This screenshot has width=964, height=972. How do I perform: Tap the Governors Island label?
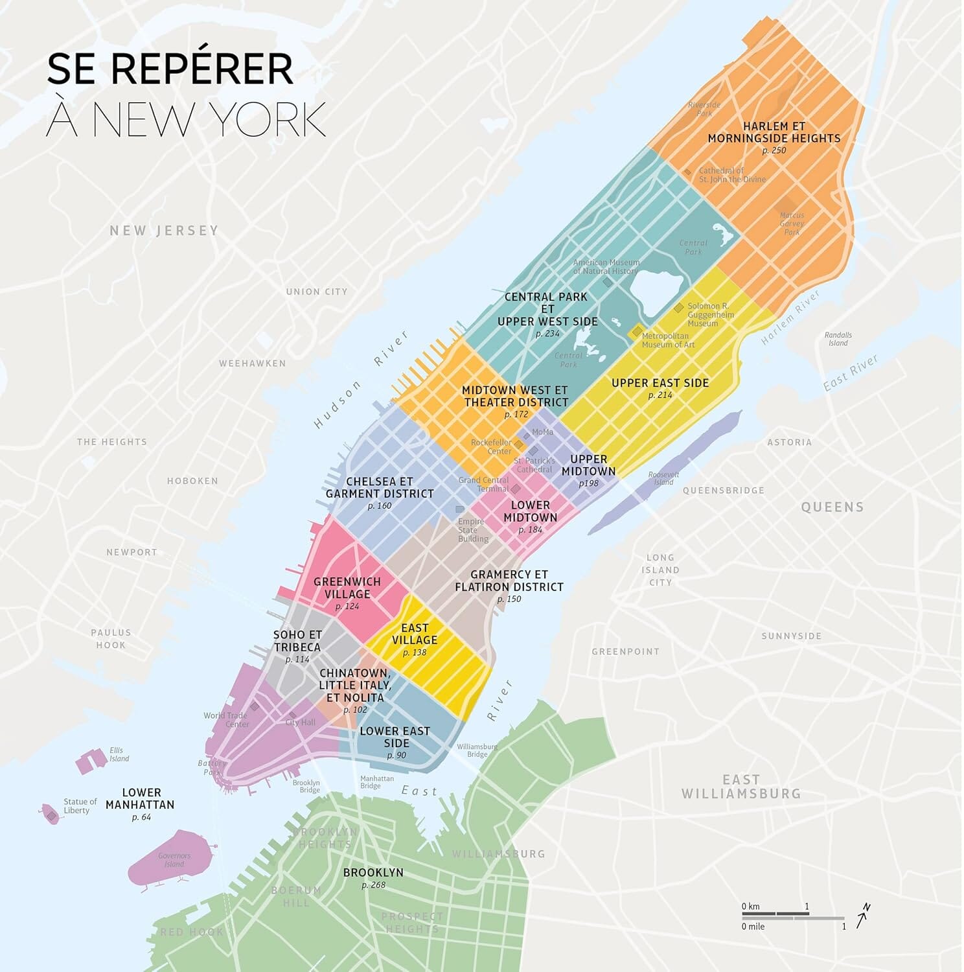pos(174,860)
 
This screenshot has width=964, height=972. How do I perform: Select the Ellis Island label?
pos(119,754)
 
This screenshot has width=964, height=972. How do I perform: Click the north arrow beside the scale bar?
pos(863,916)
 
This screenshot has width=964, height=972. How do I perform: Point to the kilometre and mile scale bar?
pos(793,916)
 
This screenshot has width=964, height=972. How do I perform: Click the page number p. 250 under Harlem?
pos(774,150)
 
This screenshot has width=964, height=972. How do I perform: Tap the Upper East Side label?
pos(660,383)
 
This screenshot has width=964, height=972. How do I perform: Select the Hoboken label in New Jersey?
pos(192,481)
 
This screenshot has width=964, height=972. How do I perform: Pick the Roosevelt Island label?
pos(663,478)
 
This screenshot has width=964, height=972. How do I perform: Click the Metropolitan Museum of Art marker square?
pos(637,332)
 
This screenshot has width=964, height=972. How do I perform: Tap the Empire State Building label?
pos(473,530)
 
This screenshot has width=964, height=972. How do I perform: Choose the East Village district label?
pos(415,634)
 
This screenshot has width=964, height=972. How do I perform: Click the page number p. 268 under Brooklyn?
pos(373,885)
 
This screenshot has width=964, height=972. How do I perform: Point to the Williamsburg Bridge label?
pos(477,750)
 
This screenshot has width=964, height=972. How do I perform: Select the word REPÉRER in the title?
pos(202,69)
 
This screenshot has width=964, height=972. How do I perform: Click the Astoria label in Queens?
pos(789,442)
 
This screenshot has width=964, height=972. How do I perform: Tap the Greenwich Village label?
pos(347,588)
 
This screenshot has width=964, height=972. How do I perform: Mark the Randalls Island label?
pos(838,339)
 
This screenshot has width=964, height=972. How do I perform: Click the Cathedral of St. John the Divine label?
pos(731,175)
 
